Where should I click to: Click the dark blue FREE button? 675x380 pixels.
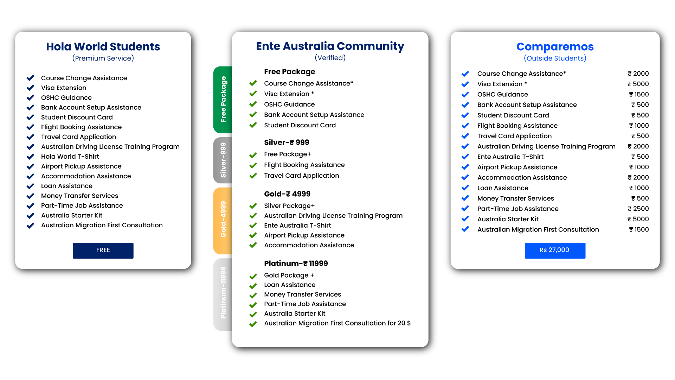(103, 251)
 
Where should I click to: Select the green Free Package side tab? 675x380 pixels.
(223, 100)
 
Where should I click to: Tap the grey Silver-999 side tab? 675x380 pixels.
(223, 160)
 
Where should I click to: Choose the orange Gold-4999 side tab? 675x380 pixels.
(223, 221)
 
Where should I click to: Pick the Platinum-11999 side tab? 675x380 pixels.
(223, 294)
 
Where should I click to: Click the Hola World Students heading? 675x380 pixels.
(103, 46)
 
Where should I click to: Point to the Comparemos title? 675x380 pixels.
(555, 46)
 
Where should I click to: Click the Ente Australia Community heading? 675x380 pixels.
(330, 46)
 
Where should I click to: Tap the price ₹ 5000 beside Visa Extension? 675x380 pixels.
(638, 84)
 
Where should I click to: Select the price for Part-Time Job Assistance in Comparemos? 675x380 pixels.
(638, 209)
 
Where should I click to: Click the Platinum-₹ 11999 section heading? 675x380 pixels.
(296, 263)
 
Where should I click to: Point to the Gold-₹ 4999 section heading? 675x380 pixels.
(287, 194)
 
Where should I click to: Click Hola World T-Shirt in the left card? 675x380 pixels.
(70, 157)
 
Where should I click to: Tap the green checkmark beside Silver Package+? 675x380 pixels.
(253, 206)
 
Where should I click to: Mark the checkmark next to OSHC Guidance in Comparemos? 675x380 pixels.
(465, 94)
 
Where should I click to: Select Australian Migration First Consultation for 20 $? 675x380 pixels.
(337, 323)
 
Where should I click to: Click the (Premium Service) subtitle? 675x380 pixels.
(103, 58)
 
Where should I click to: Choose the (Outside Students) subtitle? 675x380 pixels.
(555, 58)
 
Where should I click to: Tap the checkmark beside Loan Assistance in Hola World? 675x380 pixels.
(31, 186)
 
